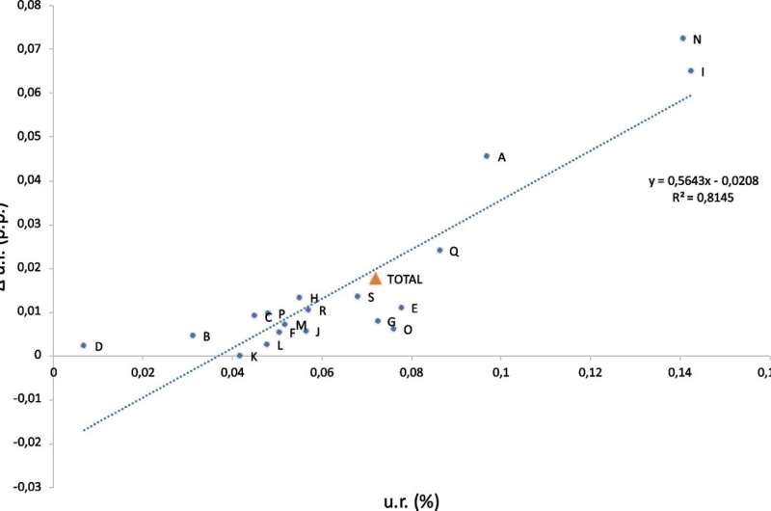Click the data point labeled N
(682, 39)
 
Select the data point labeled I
(691, 70)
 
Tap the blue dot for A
(487, 156)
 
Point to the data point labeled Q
(439, 251)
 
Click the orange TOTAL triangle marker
(376, 279)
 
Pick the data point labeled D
(84, 345)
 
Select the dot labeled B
(193, 336)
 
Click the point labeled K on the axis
(240, 356)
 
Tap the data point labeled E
(401, 308)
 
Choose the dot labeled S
(358, 297)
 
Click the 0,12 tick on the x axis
(591, 372)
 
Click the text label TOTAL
(405, 280)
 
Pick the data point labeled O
(393, 329)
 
